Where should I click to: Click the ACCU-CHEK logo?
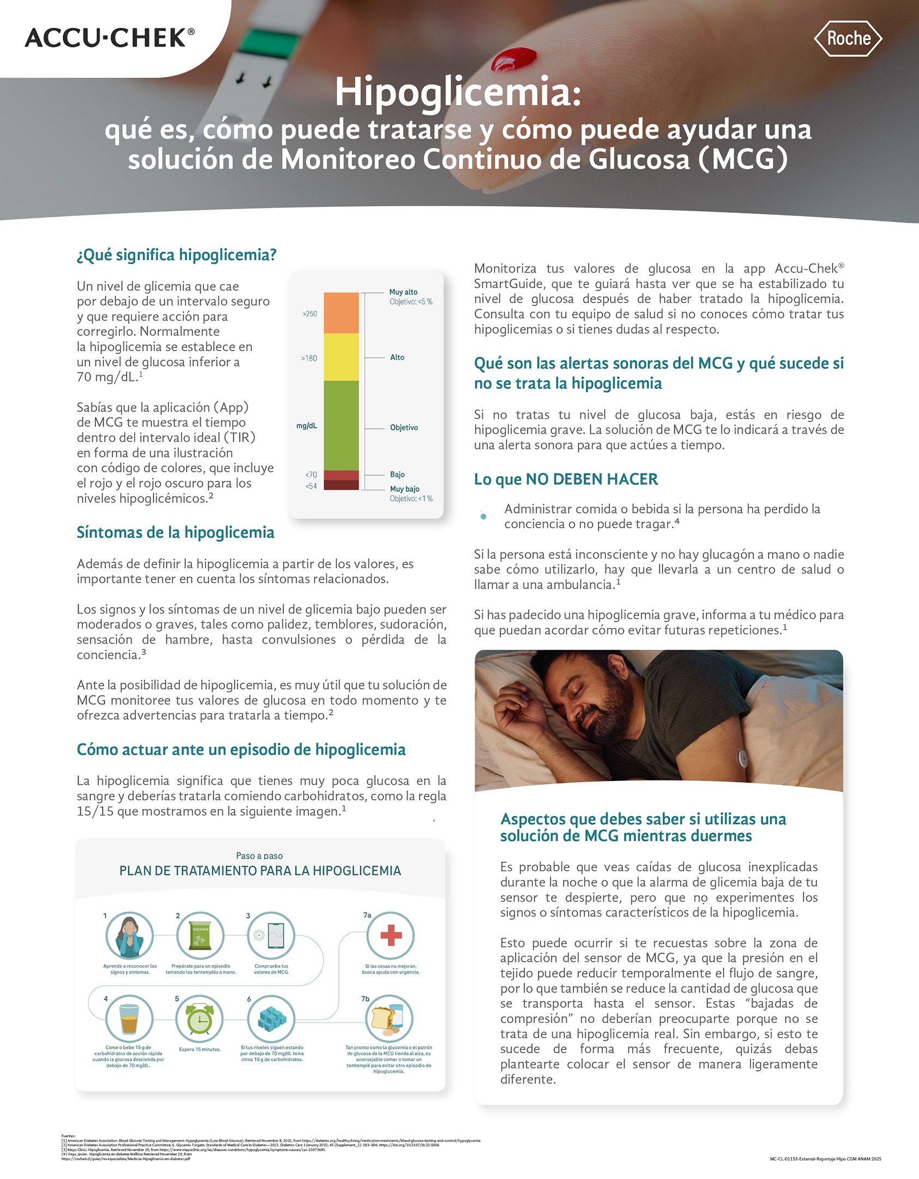coord(109,38)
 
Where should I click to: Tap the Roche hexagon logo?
coord(848,39)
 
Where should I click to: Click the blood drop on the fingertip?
coord(514,59)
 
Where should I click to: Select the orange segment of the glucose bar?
coord(341,313)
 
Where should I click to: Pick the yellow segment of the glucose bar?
coord(341,357)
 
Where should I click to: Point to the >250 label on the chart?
coord(310,314)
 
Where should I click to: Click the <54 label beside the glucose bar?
coord(311,486)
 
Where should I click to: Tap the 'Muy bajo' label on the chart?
coord(405,489)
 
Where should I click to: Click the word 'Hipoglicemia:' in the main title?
coord(458,92)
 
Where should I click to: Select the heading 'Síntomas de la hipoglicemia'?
coord(175,532)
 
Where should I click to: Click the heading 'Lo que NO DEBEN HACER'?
coord(566,479)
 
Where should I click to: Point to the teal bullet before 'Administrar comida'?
coord(483,516)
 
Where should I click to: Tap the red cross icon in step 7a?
coord(391,935)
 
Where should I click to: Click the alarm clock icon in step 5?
coord(200,1019)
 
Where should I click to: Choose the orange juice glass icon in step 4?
coord(129,1019)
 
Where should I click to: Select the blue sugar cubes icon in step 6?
coord(272,1019)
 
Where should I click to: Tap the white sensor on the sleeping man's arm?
coord(742,757)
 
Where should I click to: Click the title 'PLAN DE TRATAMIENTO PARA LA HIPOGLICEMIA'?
coord(260,871)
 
